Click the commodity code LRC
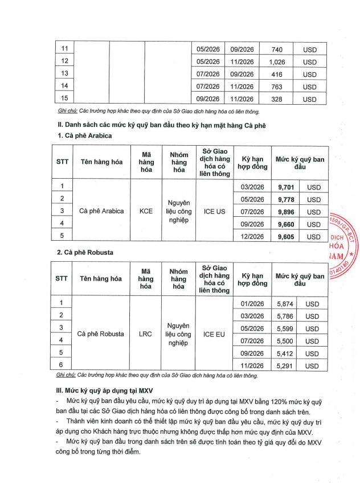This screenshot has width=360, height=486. (146, 333)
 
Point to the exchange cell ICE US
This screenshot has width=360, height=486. (214, 211)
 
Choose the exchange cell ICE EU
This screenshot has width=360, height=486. (214, 333)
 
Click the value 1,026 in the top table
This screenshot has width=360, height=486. (277, 61)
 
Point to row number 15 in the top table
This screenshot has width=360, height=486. (64, 99)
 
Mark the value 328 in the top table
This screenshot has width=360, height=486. (277, 99)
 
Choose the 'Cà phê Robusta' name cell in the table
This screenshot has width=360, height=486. (100, 333)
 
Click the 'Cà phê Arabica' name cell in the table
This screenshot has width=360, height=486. (101, 211)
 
